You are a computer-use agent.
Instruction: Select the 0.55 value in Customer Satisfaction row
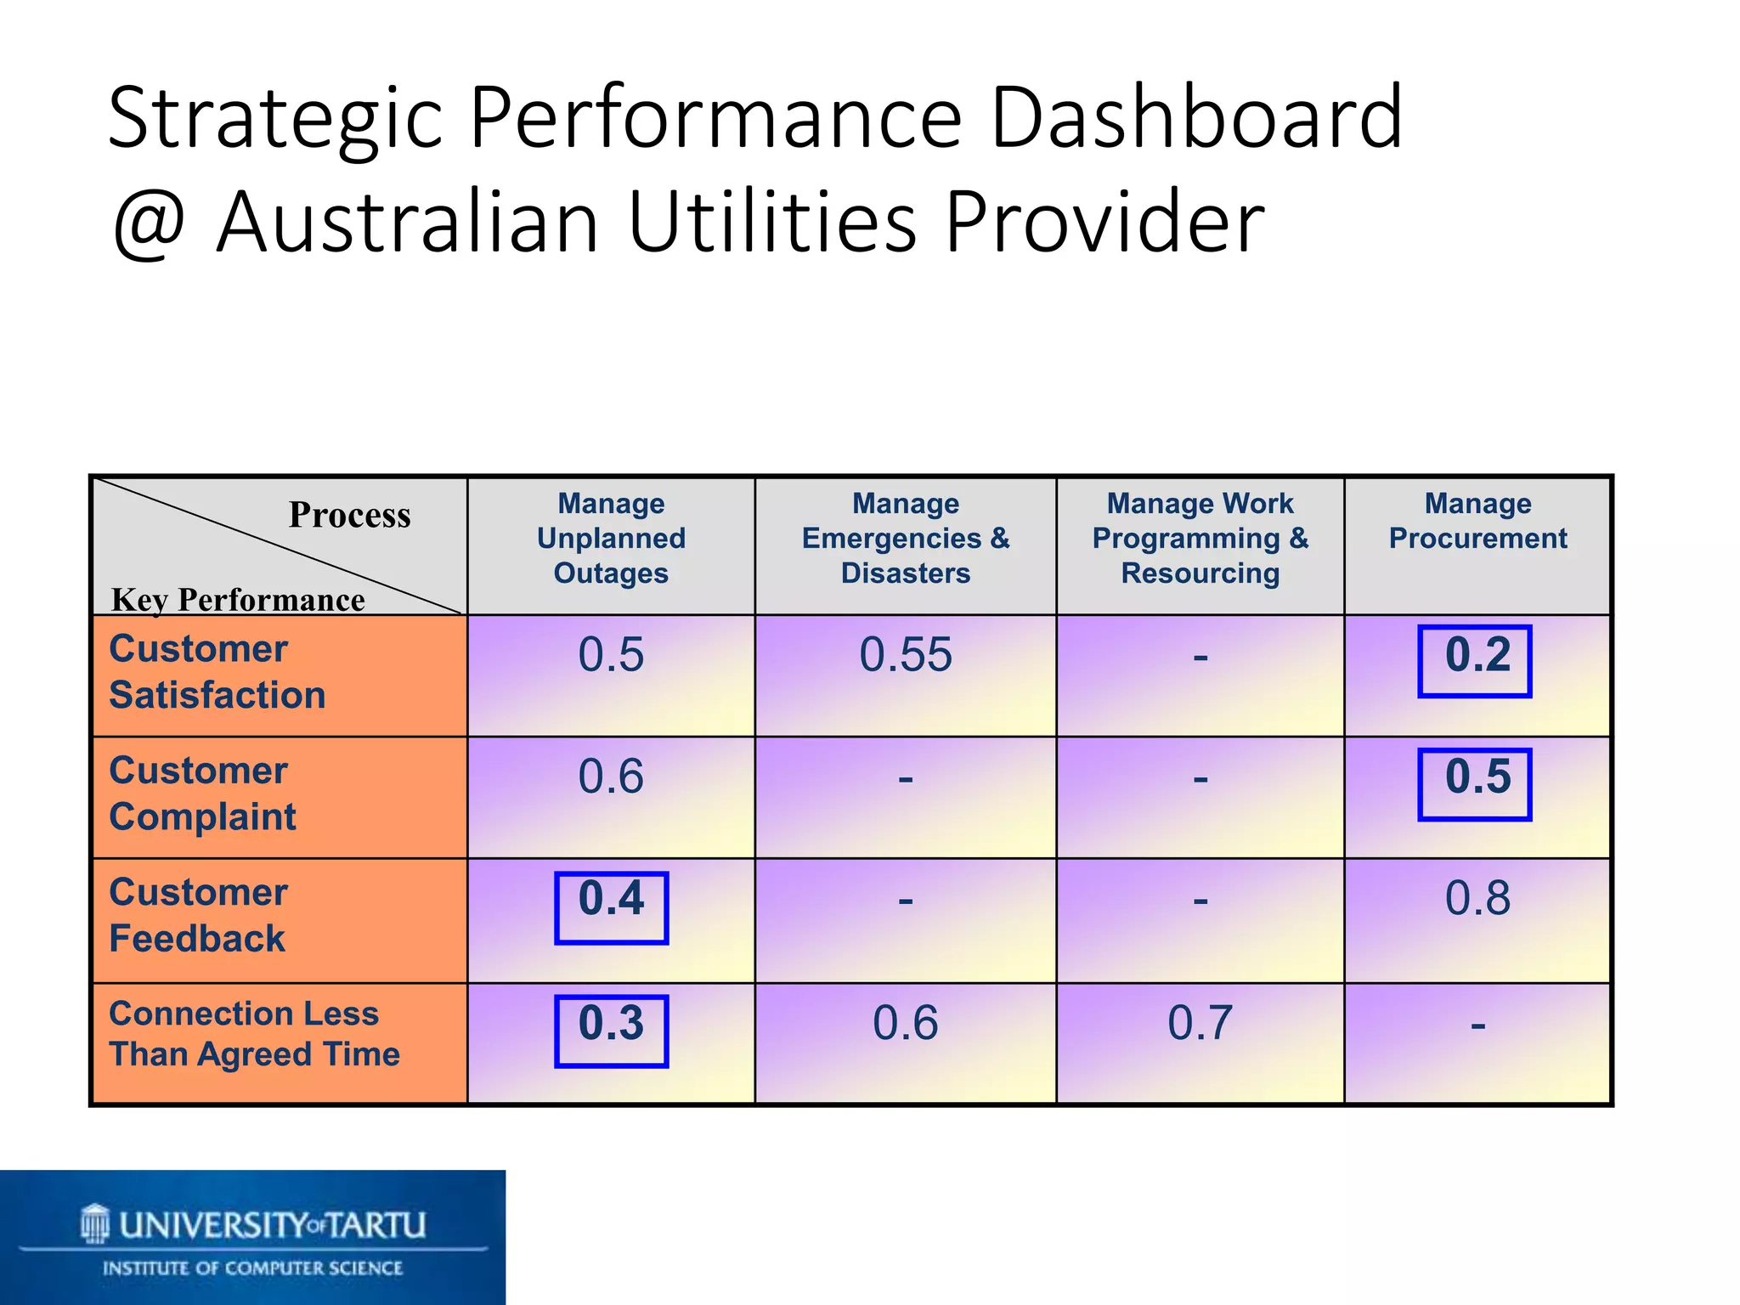click(905, 655)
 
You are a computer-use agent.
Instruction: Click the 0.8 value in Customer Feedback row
click(1477, 898)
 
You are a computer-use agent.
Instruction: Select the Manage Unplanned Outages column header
click(611, 539)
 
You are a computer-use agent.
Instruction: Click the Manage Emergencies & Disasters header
click(905, 539)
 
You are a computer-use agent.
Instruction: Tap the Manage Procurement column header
click(1477, 521)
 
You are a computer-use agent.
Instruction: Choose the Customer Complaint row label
click(202, 794)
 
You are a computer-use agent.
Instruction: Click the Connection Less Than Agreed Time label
click(253, 1034)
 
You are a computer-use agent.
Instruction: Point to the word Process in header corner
click(349, 515)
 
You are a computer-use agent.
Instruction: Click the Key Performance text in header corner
click(238, 600)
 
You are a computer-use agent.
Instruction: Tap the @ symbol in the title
click(150, 223)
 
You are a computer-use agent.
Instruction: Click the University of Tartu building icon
click(95, 1223)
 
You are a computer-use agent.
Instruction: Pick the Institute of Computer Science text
click(252, 1268)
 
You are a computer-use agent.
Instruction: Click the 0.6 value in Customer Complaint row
click(611, 777)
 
